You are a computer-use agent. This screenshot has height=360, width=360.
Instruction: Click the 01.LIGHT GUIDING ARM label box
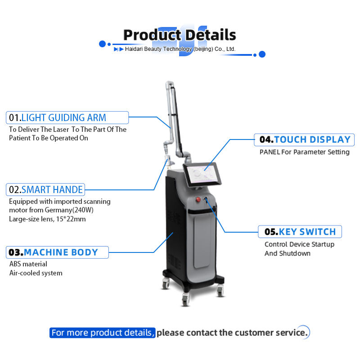67,117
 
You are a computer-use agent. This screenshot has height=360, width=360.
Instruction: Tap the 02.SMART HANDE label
45,189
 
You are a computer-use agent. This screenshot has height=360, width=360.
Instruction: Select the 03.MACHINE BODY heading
57,252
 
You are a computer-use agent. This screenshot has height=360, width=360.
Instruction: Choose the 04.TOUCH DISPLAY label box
304,139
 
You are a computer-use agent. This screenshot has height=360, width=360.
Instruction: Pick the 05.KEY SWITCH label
300,232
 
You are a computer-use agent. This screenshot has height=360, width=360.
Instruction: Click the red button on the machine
198,199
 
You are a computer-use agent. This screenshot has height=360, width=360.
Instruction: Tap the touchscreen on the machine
202,174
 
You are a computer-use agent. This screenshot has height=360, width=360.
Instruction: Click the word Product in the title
153,35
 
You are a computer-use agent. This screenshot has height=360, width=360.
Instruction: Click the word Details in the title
211,35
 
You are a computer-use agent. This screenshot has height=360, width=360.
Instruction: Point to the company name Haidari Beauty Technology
158,49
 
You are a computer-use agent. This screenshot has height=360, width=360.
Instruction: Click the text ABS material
28,264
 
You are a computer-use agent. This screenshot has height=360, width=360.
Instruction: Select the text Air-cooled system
36,273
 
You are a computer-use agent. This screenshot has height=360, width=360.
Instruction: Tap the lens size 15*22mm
71,219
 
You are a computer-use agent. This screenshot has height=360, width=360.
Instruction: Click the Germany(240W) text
69,210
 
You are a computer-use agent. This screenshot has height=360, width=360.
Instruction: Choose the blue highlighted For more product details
103,333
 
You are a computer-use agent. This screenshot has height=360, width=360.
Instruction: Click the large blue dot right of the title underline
262,54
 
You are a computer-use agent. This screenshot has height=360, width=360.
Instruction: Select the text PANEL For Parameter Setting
305,152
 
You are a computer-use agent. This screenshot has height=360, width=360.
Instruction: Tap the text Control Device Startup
299,244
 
